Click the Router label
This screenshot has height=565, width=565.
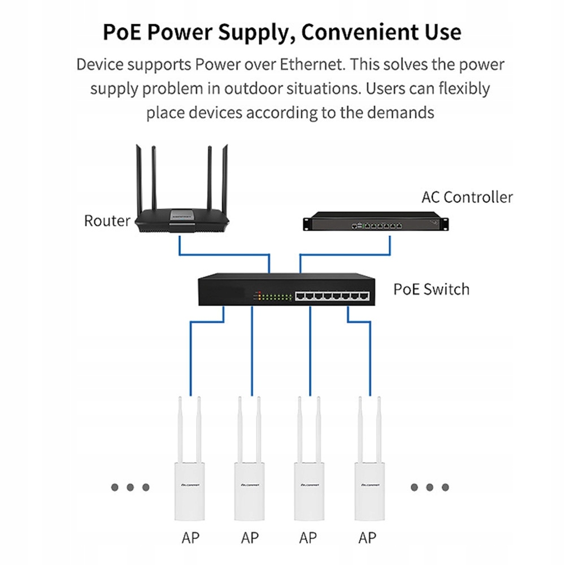tap(107, 220)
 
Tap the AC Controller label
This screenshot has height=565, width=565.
tap(467, 197)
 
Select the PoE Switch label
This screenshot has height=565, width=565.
tap(431, 289)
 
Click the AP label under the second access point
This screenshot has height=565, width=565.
tap(249, 537)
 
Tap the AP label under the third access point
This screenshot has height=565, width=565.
tap(308, 537)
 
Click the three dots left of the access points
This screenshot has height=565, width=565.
tap(130, 486)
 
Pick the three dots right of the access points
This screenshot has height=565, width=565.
tap(429, 486)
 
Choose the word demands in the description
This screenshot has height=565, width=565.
tap(401, 112)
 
